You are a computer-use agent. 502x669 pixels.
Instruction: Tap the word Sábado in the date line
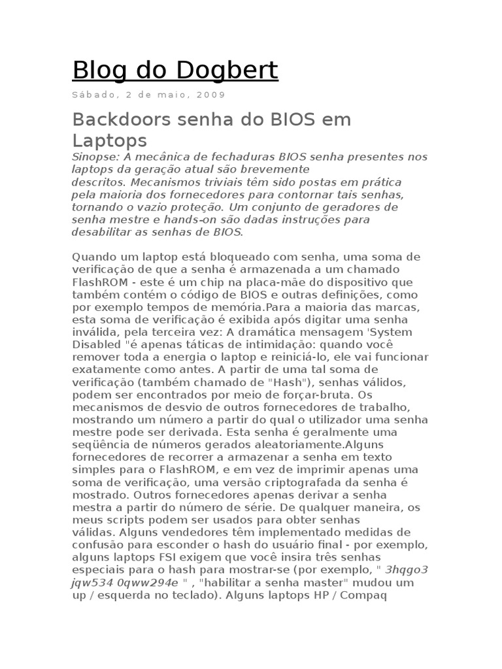(x=95, y=95)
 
